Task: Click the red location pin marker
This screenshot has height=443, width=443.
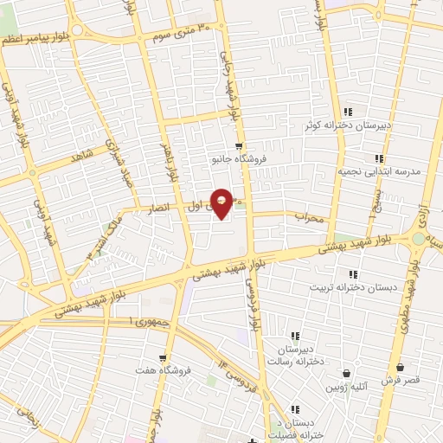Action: (x=222, y=202)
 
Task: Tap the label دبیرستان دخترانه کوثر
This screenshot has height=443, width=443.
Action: (x=347, y=125)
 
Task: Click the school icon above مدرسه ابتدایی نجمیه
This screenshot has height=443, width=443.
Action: (x=378, y=158)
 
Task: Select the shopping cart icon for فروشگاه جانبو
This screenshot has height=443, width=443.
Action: (x=239, y=146)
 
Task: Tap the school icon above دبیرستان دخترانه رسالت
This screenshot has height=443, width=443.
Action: (x=294, y=336)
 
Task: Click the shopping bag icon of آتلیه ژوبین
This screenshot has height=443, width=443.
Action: (x=347, y=373)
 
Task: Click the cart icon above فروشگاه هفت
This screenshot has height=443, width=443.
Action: (x=162, y=357)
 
